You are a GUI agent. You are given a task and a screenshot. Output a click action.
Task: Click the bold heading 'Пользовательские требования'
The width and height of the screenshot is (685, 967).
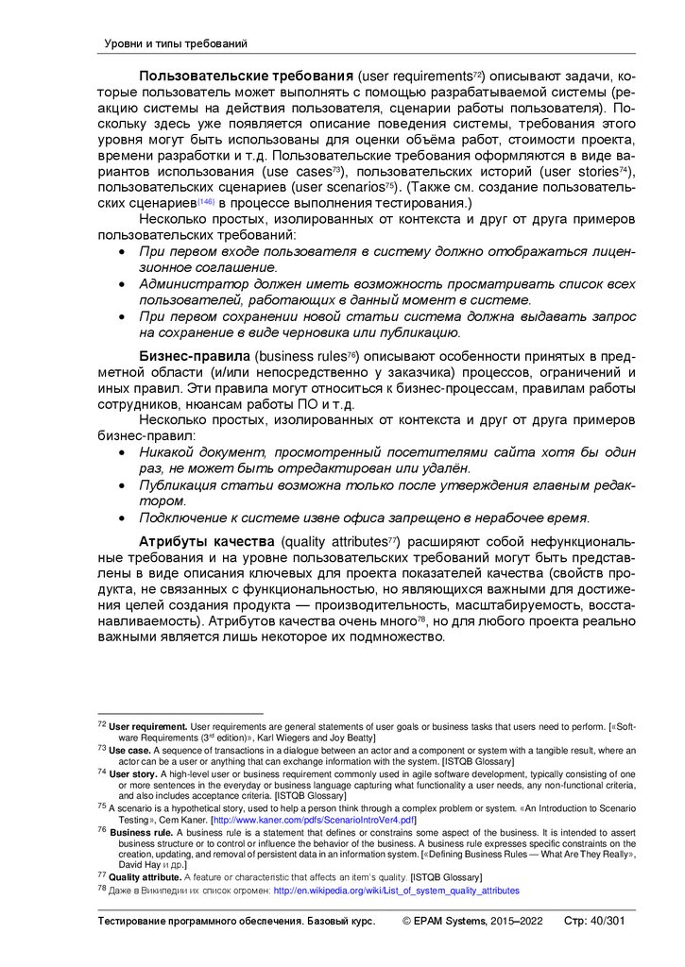click(246, 76)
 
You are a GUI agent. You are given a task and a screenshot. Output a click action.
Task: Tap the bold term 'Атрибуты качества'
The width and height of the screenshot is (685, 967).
click(207, 542)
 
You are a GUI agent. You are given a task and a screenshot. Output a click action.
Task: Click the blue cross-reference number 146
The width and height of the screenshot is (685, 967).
click(206, 202)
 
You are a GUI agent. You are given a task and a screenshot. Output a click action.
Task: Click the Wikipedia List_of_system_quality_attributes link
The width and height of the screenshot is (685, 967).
click(396, 891)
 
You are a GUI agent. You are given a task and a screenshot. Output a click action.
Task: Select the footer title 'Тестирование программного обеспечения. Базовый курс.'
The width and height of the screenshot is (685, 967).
click(237, 921)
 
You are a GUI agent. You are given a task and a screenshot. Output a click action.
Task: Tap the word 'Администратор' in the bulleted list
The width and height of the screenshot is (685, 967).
click(187, 283)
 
